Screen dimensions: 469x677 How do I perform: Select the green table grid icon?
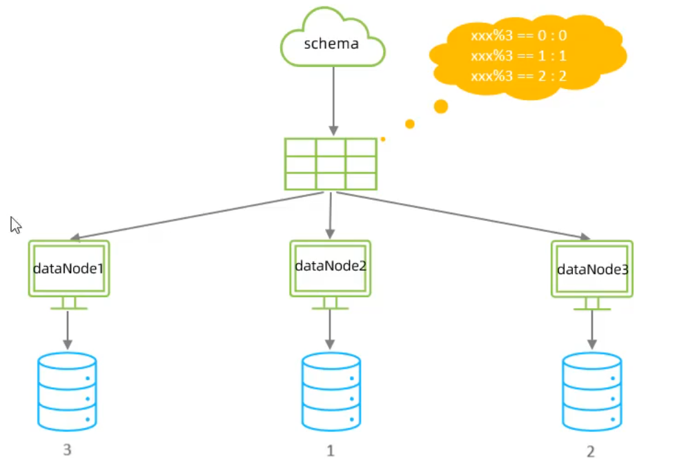pos(331,164)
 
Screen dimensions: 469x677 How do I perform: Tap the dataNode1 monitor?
pos(68,269)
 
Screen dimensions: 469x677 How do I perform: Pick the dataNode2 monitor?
pos(330,268)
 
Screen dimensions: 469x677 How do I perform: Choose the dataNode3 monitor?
pos(591,269)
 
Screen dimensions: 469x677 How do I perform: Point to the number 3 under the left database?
pos(67,450)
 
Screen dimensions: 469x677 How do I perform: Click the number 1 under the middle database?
pos(330,452)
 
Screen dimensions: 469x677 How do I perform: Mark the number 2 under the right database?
pos(591,452)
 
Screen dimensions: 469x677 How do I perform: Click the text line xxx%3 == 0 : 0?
pos(518,36)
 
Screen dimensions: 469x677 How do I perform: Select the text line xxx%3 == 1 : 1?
pos(518,56)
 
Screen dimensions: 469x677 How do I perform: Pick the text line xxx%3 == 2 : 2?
pos(518,76)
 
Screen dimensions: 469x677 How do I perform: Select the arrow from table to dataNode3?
pos(462,216)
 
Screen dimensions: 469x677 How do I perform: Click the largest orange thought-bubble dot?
pos(440,106)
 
